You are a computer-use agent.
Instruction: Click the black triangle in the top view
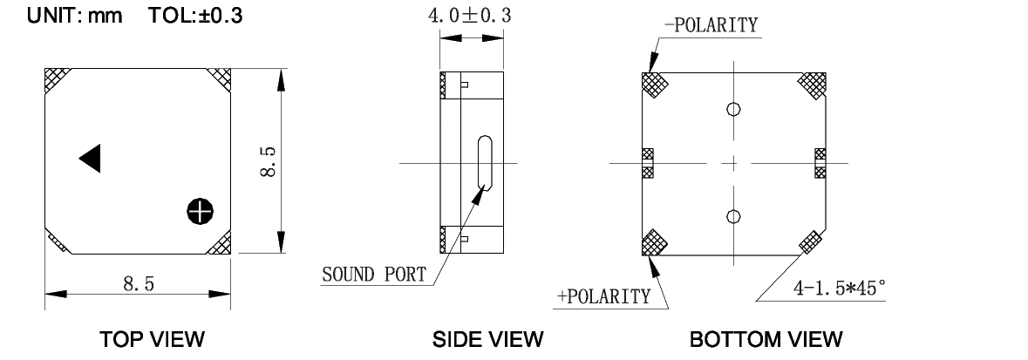pyautogui.click(x=92, y=158)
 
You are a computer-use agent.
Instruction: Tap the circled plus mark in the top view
pyautogui.click(x=200, y=209)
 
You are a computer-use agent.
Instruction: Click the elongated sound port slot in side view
pyautogui.click(x=485, y=165)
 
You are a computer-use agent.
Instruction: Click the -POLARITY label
pyautogui.click(x=711, y=24)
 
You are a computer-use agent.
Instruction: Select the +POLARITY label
pyautogui.click(x=604, y=296)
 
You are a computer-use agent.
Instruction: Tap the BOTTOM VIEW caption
pyautogui.click(x=766, y=337)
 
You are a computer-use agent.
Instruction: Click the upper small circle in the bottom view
pyautogui.click(x=733, y=109)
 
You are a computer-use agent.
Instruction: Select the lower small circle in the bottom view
pyautogui.click(x=733, y=216)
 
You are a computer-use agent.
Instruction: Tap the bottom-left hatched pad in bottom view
pyautogui.click(x=654, y=242)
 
